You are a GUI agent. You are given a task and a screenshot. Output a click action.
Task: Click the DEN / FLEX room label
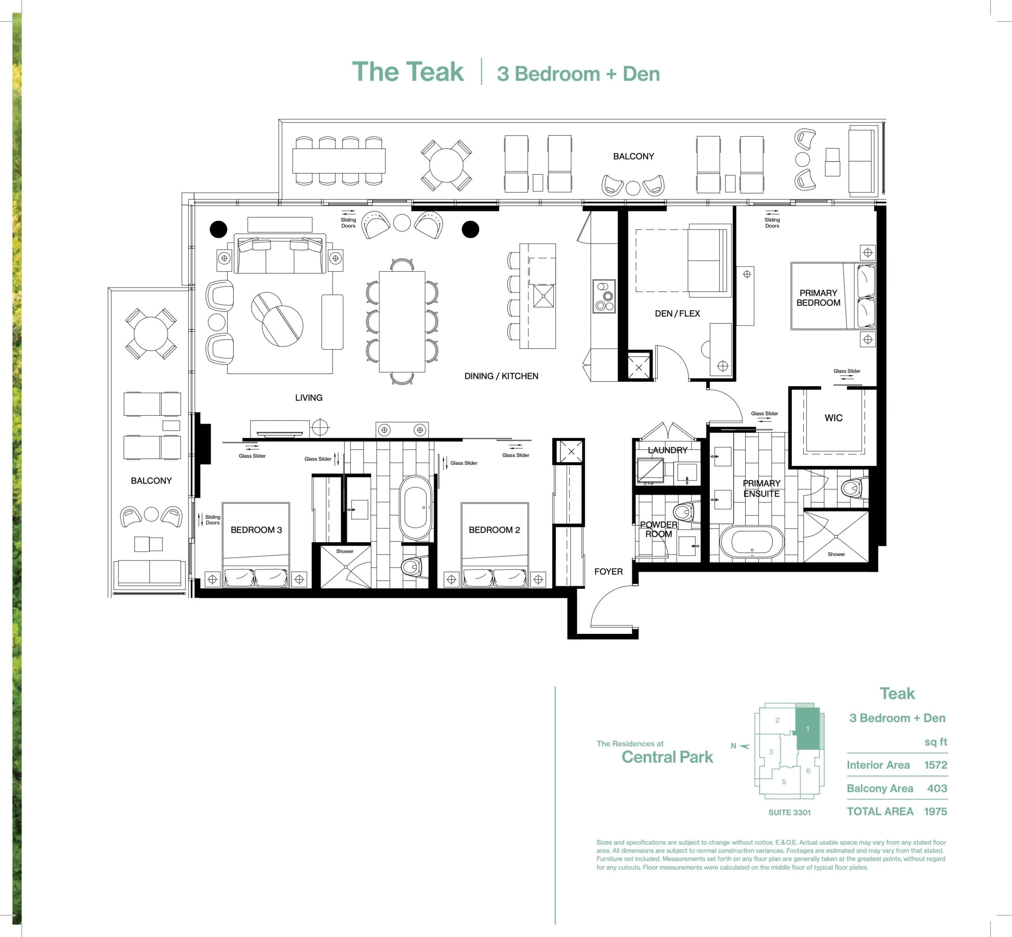(x=677, y=313)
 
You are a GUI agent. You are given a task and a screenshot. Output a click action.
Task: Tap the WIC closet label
(x=833, y=418)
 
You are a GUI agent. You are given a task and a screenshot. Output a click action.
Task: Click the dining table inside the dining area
(x=402, y=321)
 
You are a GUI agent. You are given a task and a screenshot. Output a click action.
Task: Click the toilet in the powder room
(x=685, y=512)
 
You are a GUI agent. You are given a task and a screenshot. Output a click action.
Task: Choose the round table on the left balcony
(x=151, y=334)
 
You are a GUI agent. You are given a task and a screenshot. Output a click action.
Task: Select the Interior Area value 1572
(x=935, y=765)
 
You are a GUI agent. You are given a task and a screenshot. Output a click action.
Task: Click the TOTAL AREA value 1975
(x=935, y=811)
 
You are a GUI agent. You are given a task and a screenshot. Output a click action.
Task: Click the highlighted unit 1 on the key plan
(x=808, y=729)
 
